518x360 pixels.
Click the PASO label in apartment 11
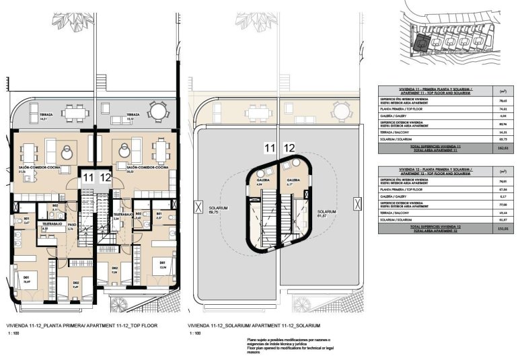tap(71, 227)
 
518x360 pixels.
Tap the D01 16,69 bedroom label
tap(27, 278)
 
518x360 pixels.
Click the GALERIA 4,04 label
tap(264, 182)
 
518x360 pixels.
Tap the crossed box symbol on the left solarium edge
tap(196, 208)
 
